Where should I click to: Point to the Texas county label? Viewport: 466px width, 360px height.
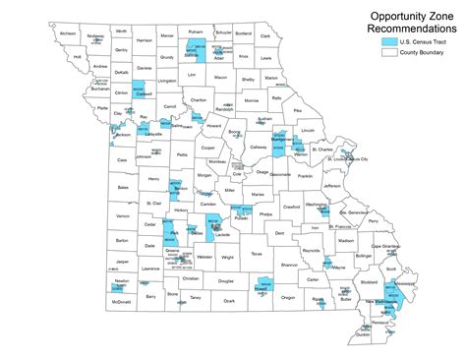click(x=257, y=253)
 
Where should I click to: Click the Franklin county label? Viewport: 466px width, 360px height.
click(x=306, y=176)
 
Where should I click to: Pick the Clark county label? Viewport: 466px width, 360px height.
click(x=265, y=35)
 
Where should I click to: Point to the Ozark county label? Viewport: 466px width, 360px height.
click(x=230, y=302)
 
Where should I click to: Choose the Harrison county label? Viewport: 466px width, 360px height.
click(x=145, y=41)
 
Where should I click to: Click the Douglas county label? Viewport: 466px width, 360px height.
click(x=225, y=280)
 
